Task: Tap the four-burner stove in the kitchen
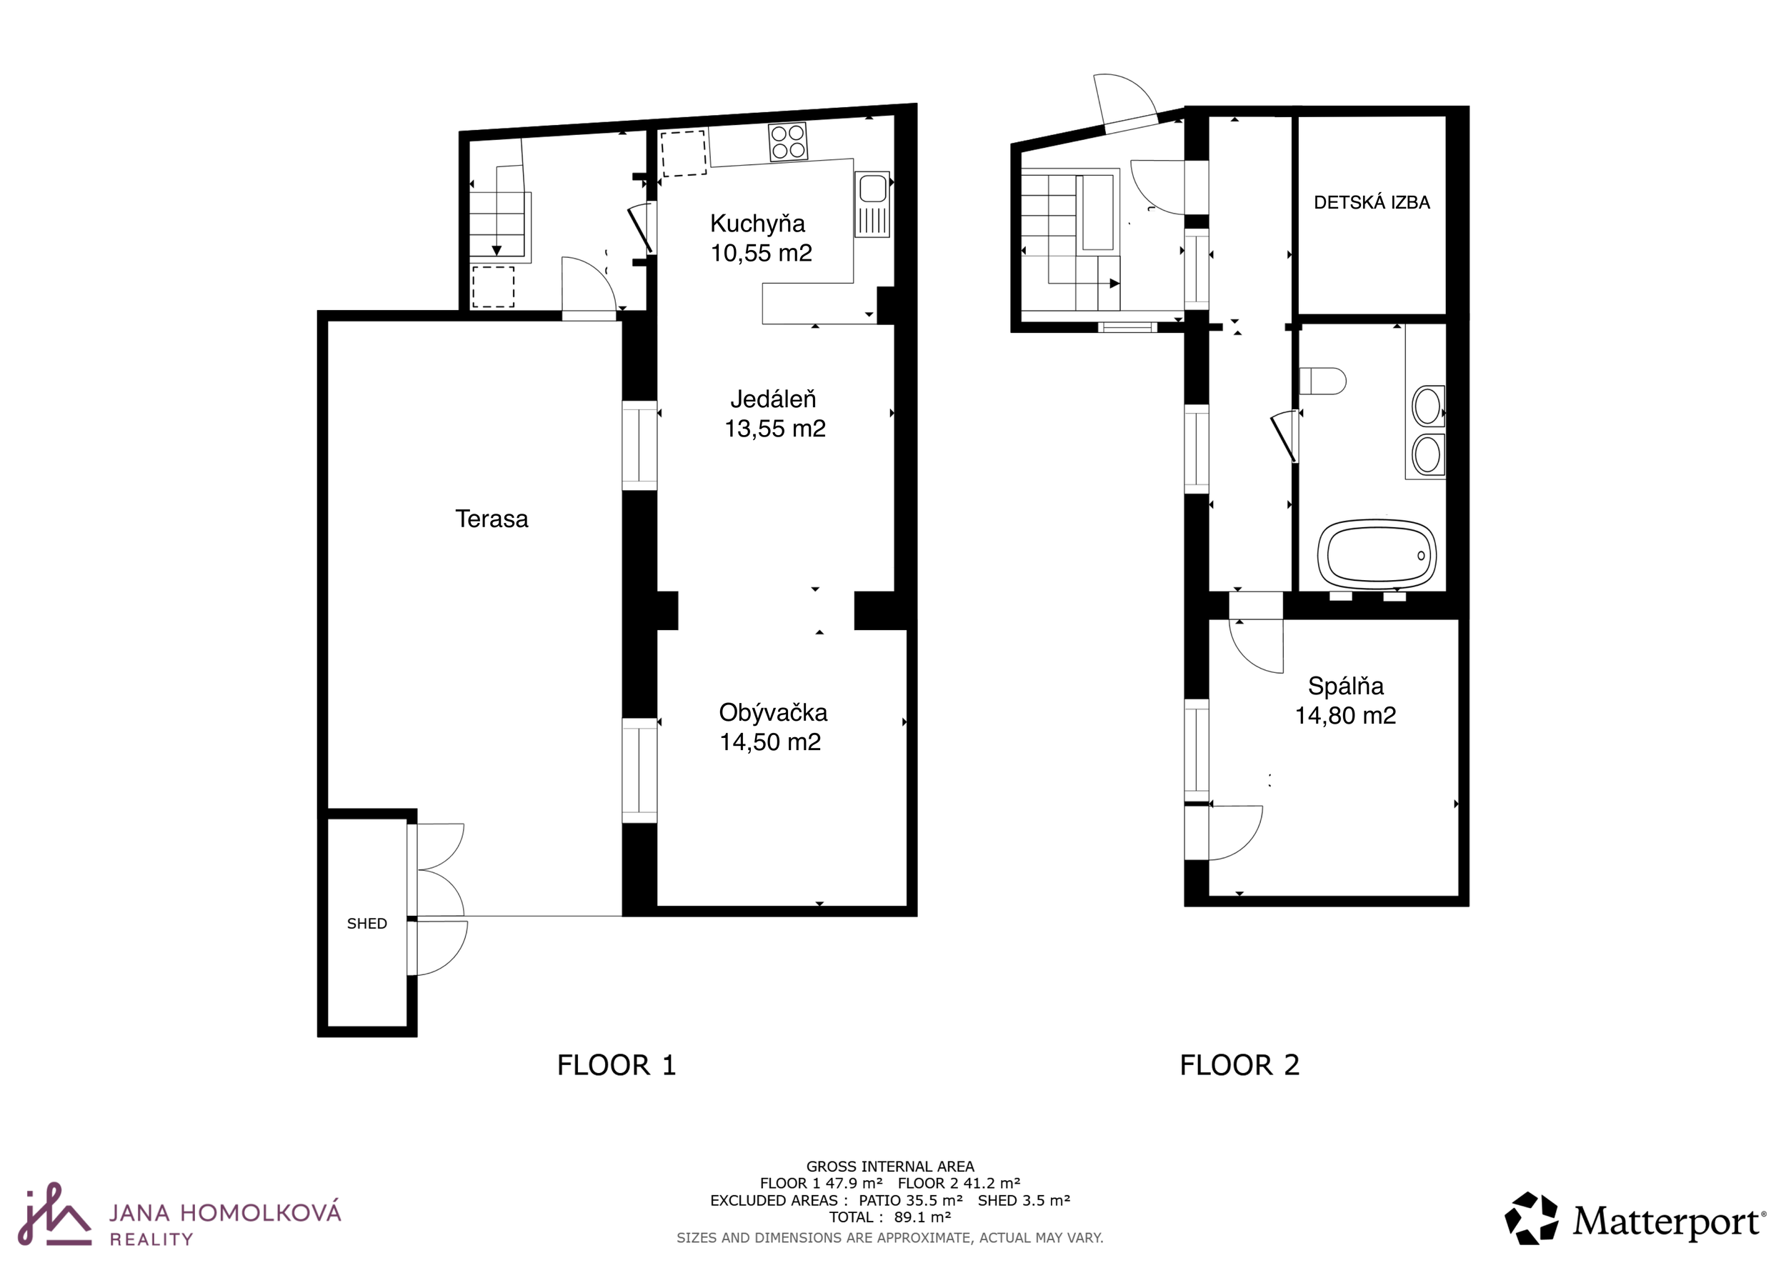787,141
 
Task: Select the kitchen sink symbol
872,204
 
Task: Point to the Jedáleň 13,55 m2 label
774,414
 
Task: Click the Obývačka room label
772,712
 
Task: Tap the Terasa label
492,519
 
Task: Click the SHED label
367,923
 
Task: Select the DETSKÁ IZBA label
1372,202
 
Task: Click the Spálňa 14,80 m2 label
1345,701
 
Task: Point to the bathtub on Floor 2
1377,554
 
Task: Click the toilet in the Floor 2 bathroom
1322,381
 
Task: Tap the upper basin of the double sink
1427,406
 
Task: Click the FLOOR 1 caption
617,1064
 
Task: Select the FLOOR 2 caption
1239,1064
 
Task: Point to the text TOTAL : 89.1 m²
890,1217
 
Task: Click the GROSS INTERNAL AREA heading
890,1167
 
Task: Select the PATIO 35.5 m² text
911,1200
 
